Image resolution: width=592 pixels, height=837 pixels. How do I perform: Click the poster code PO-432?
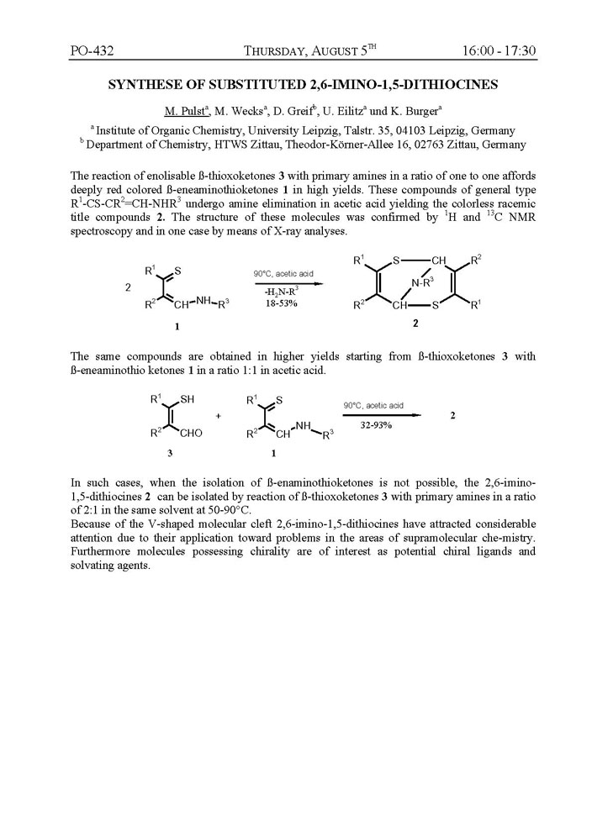coord(92,51)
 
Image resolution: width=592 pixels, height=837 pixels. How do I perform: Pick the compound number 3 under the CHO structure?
coord(170,453)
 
